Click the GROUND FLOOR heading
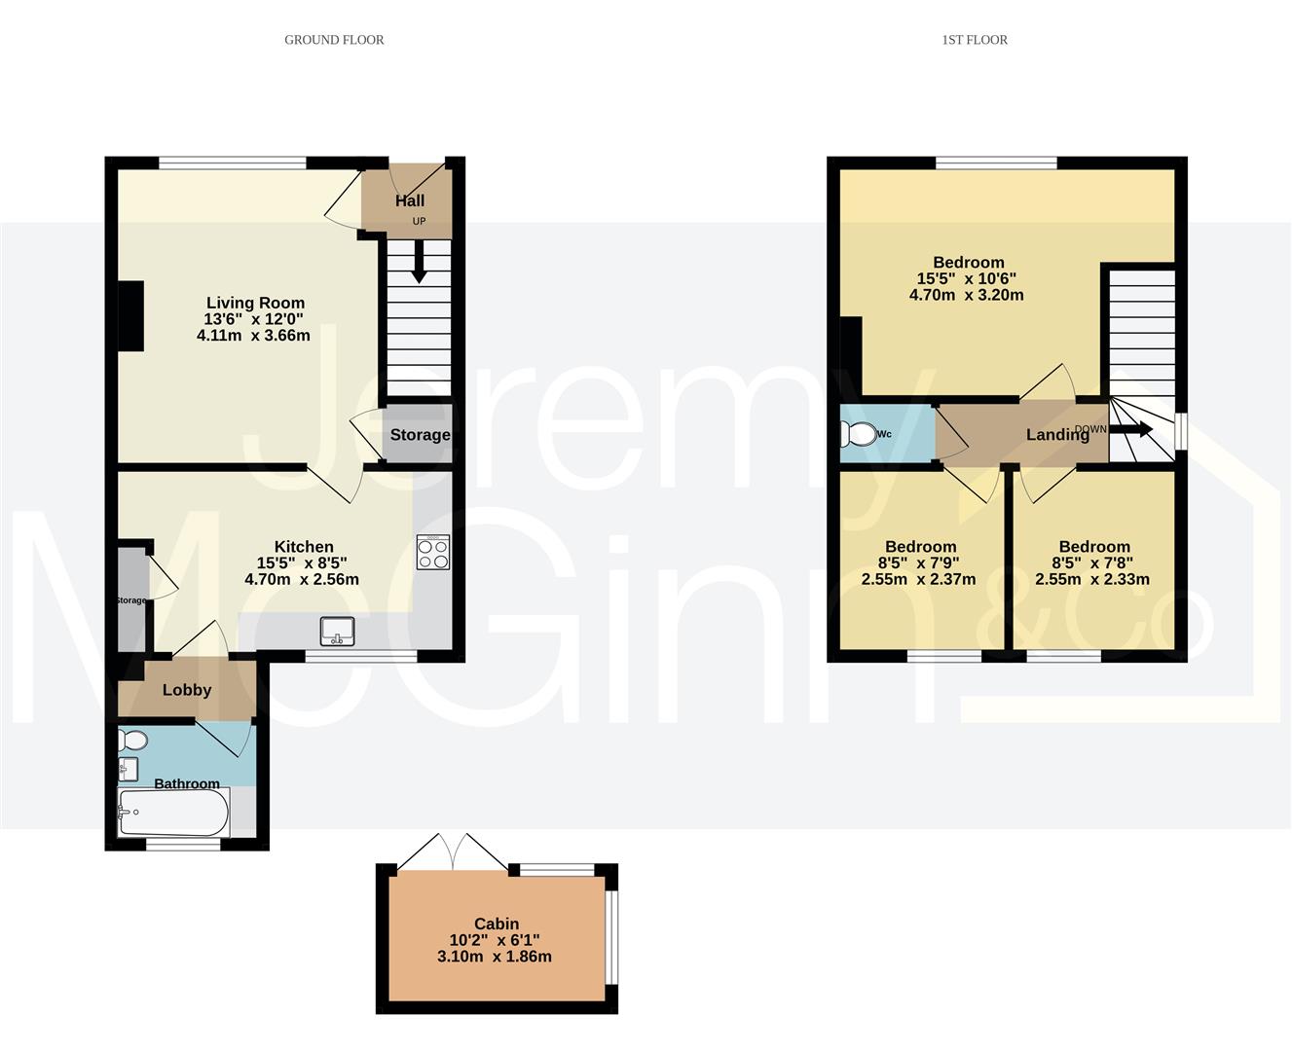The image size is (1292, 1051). point(334,40)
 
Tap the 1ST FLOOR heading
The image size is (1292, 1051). point(975,40)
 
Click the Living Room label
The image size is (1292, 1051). point(255,303)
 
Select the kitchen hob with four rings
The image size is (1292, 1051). point(433,552)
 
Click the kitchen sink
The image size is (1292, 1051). point(338,631)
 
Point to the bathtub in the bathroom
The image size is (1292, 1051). point(173,813)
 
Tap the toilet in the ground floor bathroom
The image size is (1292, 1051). point(132,740)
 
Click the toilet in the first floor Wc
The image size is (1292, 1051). point(857,434)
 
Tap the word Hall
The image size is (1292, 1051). point(410,200)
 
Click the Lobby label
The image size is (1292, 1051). point(187,690)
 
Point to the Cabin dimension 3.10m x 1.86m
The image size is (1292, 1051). point(495,957)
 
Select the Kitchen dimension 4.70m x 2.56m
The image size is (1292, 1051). point(302,579)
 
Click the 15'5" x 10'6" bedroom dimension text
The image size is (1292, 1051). point(966,278)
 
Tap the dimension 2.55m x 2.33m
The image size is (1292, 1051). point(1091,579)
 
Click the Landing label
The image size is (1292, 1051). point(1057,434)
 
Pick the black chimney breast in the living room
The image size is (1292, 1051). point(131,315)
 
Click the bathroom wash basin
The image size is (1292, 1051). point(128,769)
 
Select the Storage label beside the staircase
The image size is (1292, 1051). point(420,435)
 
